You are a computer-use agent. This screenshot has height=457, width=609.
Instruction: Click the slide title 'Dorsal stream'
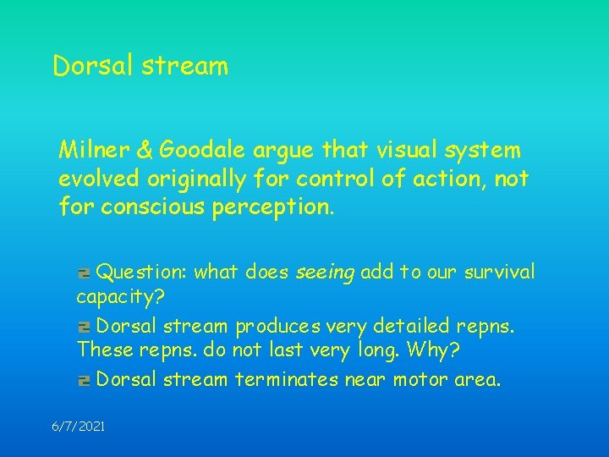click(x=140, y=66)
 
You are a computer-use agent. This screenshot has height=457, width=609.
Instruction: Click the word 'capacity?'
click(x=119, y=297)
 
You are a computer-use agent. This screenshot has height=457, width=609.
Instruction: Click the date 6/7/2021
click(x=79, y=427)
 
